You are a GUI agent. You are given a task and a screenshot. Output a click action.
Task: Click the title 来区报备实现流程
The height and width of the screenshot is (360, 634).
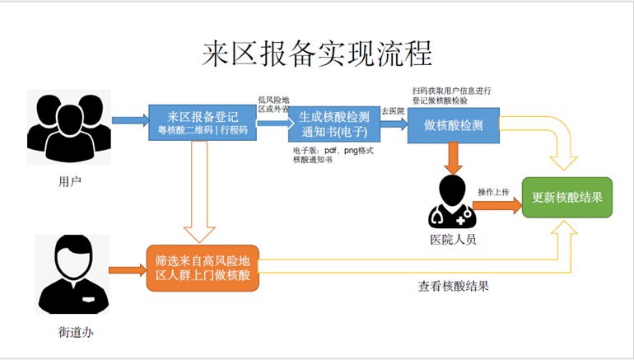(317, 55)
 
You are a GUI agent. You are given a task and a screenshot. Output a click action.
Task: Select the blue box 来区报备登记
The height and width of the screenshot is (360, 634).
(202, 124)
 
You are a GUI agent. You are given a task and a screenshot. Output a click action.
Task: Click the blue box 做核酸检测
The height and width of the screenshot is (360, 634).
(454, 124)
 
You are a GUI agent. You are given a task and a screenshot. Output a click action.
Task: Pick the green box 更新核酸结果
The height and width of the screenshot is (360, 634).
(567, 198)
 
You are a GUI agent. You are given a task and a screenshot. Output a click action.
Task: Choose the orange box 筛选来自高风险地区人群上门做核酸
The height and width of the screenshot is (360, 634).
(203, 268)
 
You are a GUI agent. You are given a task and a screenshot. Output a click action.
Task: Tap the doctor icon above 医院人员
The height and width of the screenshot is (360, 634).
(452, 201)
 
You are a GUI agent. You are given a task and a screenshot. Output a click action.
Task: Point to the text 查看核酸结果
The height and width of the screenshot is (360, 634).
(454, 287)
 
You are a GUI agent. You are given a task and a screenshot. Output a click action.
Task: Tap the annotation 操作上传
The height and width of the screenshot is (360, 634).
(493, 192)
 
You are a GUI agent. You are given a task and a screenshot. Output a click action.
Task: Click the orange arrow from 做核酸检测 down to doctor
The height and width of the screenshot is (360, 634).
(452, 157)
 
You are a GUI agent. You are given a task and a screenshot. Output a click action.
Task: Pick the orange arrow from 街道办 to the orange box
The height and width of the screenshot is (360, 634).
(126, 269)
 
